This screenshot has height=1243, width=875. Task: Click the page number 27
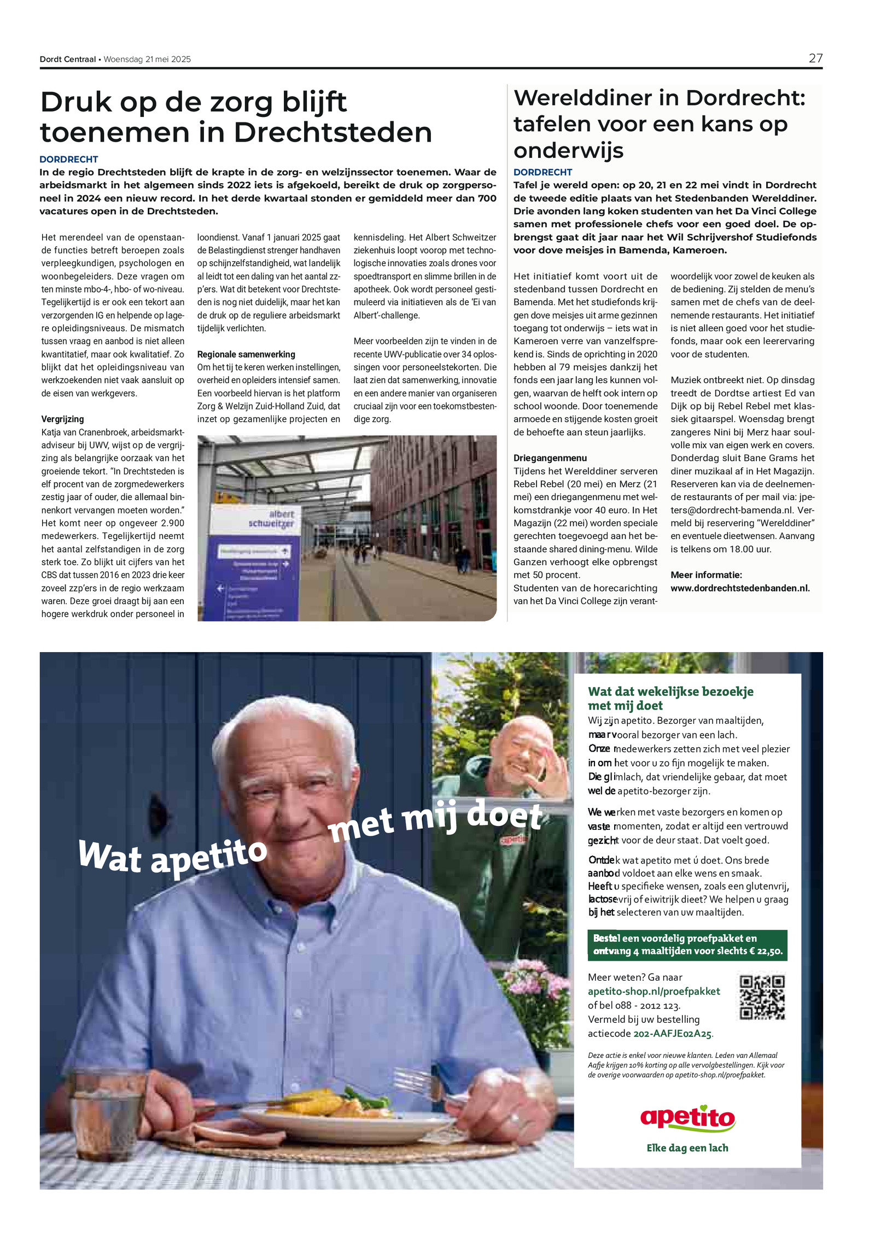815,58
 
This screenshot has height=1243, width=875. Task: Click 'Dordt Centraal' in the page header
67,60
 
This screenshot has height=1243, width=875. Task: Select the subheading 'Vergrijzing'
62,419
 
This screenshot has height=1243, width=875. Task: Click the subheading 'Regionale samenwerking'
246,354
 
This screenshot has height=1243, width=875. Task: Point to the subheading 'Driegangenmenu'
550,458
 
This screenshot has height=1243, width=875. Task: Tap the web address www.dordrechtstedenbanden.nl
739,588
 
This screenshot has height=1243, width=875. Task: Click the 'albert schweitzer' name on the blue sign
272,519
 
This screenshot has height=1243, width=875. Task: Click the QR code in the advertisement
762,998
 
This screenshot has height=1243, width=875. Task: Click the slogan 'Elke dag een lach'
687,1148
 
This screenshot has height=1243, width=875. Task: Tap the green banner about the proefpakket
687,945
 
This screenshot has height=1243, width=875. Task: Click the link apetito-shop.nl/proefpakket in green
654,992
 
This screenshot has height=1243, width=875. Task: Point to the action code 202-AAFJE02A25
673,1034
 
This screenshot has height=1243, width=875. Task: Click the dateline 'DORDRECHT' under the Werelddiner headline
542,172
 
